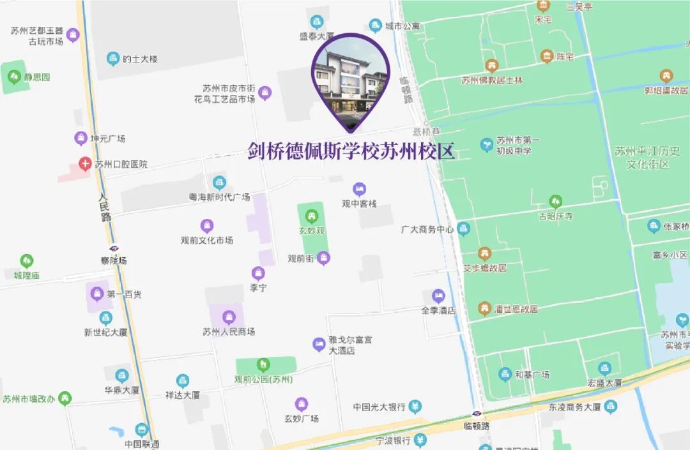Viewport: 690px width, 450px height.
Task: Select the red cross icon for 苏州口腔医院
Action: click(x=85, y=164)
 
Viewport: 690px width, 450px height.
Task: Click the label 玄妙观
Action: click(x=312, y=230)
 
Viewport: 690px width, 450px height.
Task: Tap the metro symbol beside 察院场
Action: click(x=114, y=248)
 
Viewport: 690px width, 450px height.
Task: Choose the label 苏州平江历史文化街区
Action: click(x=647, y=158)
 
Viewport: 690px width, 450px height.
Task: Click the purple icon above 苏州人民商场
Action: click(x=229, y=317)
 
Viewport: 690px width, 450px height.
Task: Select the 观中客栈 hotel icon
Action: click(x=360, y=189)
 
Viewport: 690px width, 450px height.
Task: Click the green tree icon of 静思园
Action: click(x=14, y=77)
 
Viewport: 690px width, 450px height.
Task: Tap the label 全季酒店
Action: click(x=438, y=310)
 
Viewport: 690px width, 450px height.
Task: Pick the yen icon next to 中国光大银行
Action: click(x=415, y=407)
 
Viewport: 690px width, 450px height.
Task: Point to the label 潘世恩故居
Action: click(x=516, y=309)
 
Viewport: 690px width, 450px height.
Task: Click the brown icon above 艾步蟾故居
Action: click(x=485, y=253)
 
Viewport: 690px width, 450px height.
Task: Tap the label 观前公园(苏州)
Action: click(x=263, y=379)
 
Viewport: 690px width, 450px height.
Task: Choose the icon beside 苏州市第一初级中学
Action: click(x=487, y=145)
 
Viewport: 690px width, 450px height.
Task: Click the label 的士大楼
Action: click(x=140, y=59)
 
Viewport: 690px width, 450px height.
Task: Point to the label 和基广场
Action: click(x=532, y=375)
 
